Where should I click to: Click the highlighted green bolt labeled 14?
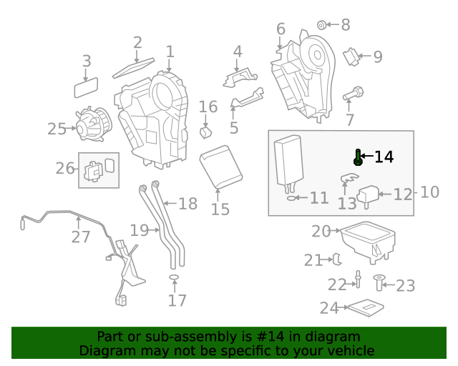tap(358, 157)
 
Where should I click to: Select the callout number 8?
tap(346, 25)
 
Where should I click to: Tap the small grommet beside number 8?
tap(321, 25)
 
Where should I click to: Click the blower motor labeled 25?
tap(94, 124)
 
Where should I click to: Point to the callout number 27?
tap(81, 237)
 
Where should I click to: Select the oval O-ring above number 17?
tap(174, 277)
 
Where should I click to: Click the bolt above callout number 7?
tap(353, 94)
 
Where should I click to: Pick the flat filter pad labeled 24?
tap(366, 307)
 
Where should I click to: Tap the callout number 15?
tap(220, 209)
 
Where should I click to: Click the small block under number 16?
tap(206, 132)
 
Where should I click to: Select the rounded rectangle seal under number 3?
tap(86, 87)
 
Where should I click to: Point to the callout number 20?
tap(321, 231)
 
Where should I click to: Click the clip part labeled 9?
tap(351, 56)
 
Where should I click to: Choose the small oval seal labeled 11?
tap(291, 198)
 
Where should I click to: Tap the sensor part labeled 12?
tap(368, 196)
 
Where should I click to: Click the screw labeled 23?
tap(379, 283)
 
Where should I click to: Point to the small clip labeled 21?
tap(337, 259)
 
